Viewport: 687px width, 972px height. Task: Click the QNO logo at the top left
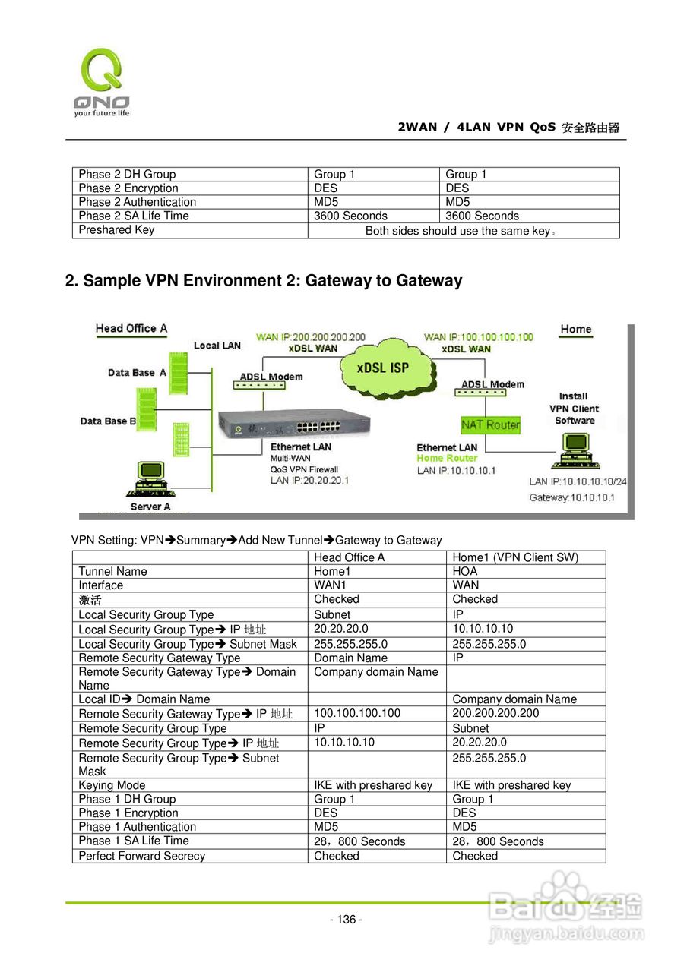pyautogui.click(x=102, y=81)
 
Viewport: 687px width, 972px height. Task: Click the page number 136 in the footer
pyautogui.click(x=346, y=920)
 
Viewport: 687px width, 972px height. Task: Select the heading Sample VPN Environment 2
pyautogui.click(x=264, y=281)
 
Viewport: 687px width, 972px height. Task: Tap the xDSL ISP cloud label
pyautogui.click(x=384, y=368)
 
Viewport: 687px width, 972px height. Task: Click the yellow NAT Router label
pyautogui.click(x=490, y=424)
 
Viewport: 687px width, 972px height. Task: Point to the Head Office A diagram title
pyautogui.click(x=131, y=329)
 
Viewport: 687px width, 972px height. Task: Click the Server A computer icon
pyautogui.click(x=149, y=479)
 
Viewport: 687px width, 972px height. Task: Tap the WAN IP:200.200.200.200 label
pyautogui.click(x=311, y=336)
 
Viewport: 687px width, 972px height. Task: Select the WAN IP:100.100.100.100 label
pyautogui.click(x=479, y=336)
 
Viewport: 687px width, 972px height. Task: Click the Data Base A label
pyautogui.click(x=137, y=373)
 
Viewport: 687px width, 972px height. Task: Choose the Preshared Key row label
pyautogui.click(x=116, y=230)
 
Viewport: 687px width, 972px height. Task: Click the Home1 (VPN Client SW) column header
pyautogui.click(x=515, y=557)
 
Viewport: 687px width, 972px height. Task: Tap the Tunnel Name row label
pyautogui.click(x=112, y=571)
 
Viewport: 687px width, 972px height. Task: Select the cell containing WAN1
pyautogui.click(x=330, y=585)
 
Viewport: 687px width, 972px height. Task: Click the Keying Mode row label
pyautogui.click(x=112, y=785)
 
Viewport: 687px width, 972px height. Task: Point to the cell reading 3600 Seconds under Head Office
pyautogui.click(x=350, y=216)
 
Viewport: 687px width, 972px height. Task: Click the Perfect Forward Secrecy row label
pyautogui.click(x=142, y=856)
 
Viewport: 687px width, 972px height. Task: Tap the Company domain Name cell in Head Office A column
pyautogui.click(x=375, y=672)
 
